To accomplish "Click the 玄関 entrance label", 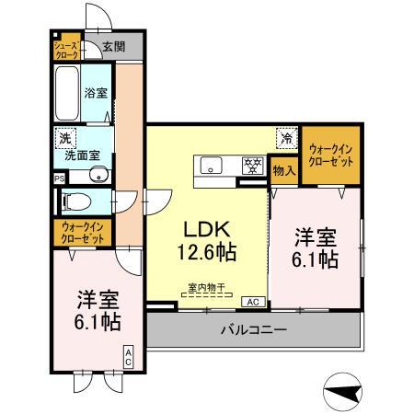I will [113, 47].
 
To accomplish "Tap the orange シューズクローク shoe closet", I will [65, 49].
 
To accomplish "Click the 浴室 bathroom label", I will [97, 93].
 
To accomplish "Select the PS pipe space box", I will [59, 178].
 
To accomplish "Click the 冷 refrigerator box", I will [287, 139].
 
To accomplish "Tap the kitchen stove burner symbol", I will [249, 167].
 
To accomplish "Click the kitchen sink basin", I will [211, 167].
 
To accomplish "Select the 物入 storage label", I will [284, 170].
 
